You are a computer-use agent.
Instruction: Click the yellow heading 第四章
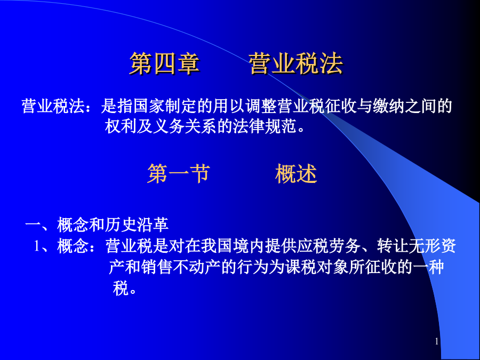point(164,63)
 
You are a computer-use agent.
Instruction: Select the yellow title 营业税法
point(295,63)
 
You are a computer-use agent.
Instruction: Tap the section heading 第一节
point(179,173)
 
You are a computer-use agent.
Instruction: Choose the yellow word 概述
point(296,173)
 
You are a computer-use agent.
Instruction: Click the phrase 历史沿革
point(137,225)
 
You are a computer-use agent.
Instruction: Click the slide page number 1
point(437,342)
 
